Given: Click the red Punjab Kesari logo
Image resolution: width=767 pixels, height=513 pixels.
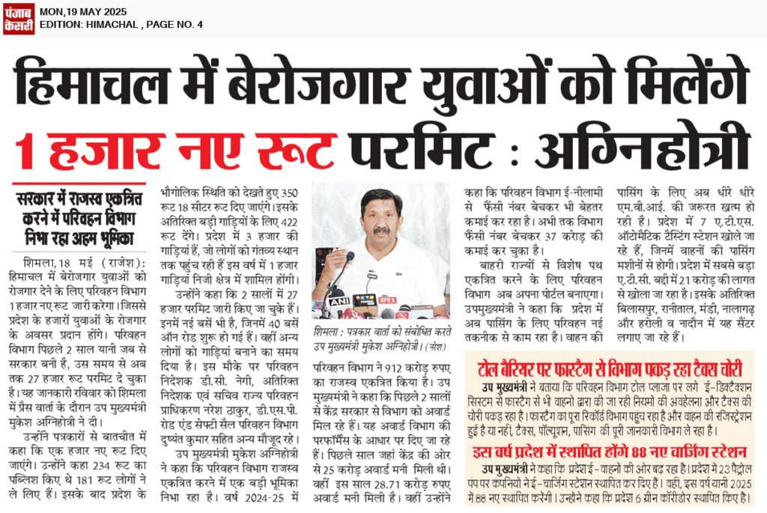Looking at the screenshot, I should [18, 18].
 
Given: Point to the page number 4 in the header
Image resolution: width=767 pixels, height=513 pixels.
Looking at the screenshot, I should [200, 25].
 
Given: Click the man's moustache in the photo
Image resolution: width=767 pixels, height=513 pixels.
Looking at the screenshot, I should [382, 231].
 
